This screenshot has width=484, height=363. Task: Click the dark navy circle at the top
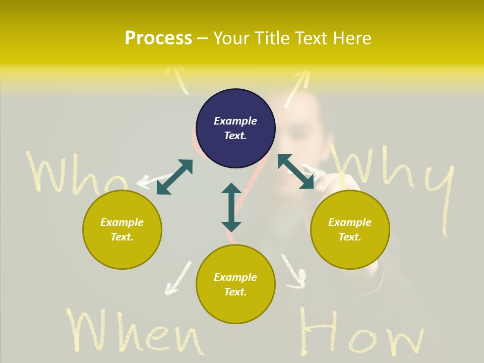pos(235,128)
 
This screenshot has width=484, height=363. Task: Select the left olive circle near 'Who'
pos(122,229)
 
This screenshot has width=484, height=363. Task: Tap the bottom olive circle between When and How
pos(235,284)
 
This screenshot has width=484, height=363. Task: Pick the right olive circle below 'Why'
pos(350,229)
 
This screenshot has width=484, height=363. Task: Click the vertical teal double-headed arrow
pos(231,207)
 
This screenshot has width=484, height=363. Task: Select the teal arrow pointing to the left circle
pos(174,177)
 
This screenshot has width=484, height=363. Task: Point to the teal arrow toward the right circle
pos(296,171)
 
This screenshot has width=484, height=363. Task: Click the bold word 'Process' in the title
pos(158,38)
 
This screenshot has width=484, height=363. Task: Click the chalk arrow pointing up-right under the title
pos(297,88)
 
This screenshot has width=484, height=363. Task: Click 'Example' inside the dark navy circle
pos(235,121)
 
